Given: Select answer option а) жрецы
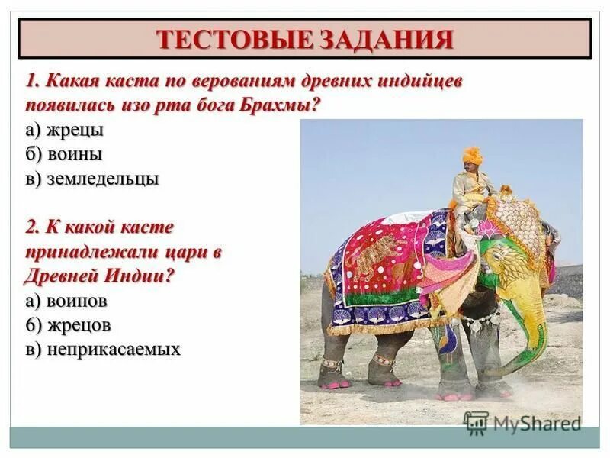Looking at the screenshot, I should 64,130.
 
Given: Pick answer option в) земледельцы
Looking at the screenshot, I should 91,179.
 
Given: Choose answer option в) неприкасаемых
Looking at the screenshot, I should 102,349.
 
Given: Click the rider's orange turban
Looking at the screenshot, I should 473,154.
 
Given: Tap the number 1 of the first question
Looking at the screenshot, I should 31,82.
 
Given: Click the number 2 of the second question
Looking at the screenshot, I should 31,227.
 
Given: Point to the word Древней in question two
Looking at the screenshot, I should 59,276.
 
